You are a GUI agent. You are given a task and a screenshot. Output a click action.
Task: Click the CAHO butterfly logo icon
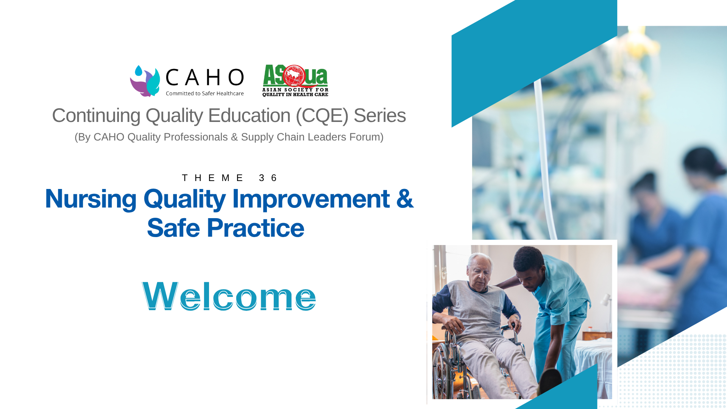tap(145, 81)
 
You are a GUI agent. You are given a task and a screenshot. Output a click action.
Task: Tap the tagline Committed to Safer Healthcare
tap(204, 94)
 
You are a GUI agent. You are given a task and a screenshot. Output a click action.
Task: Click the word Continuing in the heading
tap(96, 116)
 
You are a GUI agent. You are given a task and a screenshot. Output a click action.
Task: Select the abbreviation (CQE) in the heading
tap(322, 116)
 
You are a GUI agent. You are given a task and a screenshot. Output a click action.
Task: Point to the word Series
tap(379, 116)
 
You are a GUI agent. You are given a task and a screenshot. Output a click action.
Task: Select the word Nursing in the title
tap(90, 199)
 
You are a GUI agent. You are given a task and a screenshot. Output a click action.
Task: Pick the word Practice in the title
tap(255, 228)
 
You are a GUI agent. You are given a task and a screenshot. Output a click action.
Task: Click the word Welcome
tap(229, 296)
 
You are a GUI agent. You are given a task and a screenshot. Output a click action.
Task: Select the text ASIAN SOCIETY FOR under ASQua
tap(295, 90)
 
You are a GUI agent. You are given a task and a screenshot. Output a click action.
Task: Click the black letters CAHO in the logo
tap(204, 78)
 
